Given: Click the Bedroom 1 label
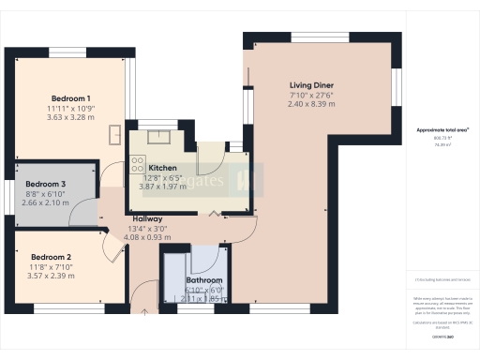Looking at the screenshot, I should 70,98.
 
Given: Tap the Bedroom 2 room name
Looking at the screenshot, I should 52,257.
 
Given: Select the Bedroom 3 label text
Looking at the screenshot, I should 45,184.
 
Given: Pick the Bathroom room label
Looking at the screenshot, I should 203,280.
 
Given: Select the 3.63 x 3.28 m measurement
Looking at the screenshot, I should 70,118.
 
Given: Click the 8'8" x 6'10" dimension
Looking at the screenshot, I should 45,193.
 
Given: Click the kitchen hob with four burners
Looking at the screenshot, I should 137,174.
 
